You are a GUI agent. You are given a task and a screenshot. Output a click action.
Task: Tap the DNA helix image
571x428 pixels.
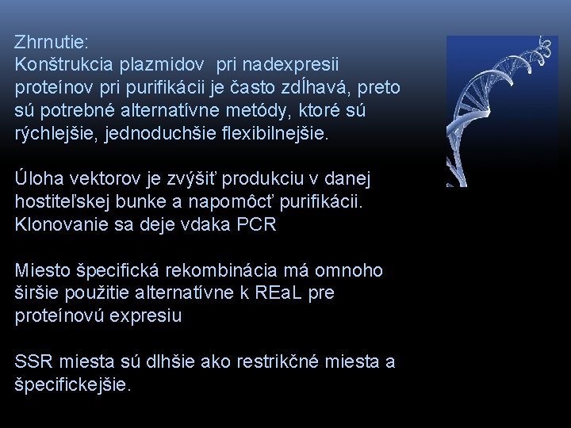pos(501,111)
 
